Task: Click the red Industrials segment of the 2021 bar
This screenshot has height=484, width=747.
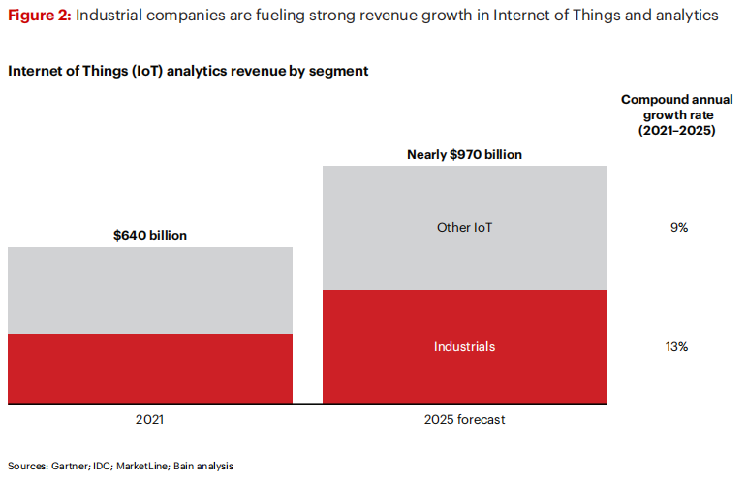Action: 149,369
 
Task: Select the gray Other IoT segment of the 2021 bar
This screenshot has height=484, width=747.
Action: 149,290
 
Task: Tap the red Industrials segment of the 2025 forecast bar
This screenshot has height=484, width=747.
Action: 465,369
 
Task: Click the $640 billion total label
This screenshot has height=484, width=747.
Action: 150,235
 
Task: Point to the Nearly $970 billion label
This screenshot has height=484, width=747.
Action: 465,154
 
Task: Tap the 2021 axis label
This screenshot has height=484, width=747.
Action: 149,420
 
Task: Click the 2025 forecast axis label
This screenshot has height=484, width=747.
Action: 465,420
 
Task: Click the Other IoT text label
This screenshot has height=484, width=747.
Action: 465,228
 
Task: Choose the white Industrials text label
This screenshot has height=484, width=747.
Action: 465,346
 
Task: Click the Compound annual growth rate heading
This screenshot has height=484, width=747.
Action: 669,114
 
